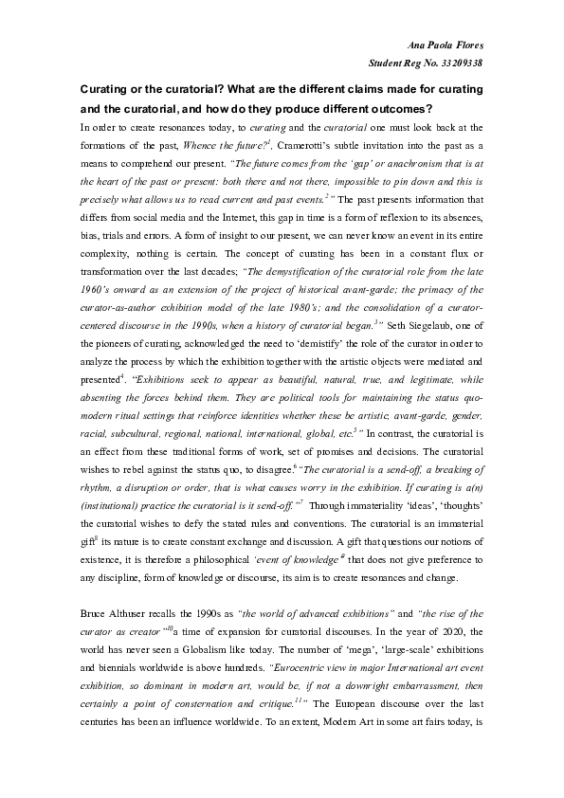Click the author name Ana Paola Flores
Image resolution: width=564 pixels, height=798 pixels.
pos(446,45)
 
